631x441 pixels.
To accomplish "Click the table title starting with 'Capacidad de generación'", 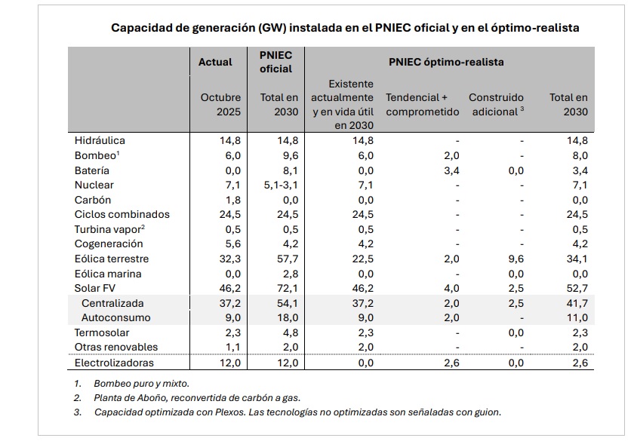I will [x=345, y=28].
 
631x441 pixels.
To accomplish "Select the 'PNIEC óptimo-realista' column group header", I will [x=446, y=62].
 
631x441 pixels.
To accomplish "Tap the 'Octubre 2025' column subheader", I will [x=220, y=105].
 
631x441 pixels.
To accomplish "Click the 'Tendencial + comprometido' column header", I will [x=422, y=105].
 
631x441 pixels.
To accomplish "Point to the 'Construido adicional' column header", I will [x=496, y=105].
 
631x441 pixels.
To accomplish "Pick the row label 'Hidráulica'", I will [x=100, y=140].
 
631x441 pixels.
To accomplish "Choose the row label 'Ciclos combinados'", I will [x=122, y=214].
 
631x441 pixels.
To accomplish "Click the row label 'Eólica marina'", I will [x=108, y=274].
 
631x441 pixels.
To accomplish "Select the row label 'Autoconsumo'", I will [x=115, y=317].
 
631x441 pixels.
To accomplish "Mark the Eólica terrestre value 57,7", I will [x=288, y=259].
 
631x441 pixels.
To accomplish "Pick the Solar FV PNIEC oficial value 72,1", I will [x=288, y=288].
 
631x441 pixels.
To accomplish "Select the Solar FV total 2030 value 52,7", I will [x=577, y=288].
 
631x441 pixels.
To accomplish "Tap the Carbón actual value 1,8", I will [x=231, y=200].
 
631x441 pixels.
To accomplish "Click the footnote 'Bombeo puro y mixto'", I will [x=142, y=384].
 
